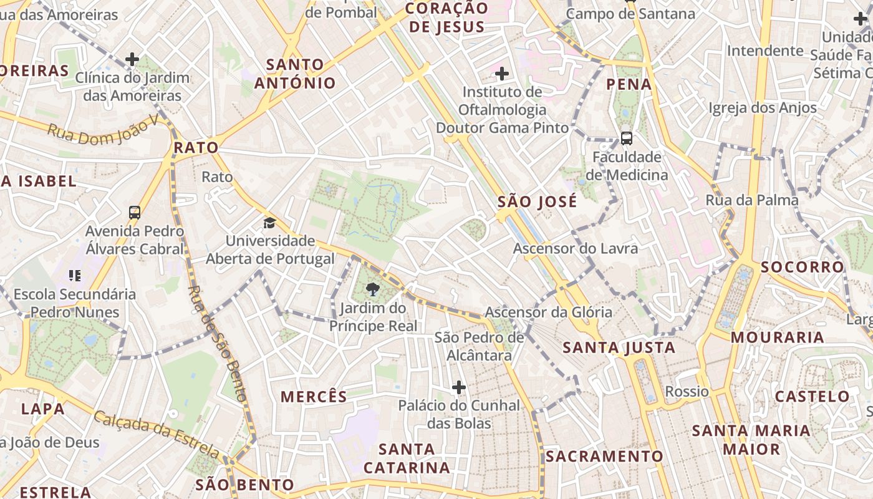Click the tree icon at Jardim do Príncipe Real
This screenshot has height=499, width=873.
tap(373, 289)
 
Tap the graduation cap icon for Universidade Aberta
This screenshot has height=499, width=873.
tap(269, 223)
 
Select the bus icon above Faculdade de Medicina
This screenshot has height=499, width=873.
tap(626, 138)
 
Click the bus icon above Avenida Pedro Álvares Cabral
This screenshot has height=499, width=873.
tap(135, 213)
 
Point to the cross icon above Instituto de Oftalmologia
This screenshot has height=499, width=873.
tap(501, 74)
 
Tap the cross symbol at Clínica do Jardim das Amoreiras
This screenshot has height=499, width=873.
tap(132, 60)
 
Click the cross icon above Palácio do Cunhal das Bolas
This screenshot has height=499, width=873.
tap(459, 388)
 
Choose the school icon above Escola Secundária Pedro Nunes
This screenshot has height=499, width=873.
tap(75, 276)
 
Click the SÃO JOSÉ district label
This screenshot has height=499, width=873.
tap(537, 202)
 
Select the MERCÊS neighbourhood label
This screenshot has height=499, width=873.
tap(314, 397)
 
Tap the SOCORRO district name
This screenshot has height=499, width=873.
tap(802, 267)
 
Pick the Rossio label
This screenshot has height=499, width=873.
tap(687, 392)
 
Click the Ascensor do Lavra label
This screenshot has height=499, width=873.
tap(575, 249)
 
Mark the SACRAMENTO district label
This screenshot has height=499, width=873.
tap(604, 457)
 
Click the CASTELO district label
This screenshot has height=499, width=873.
tap(812, 397)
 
